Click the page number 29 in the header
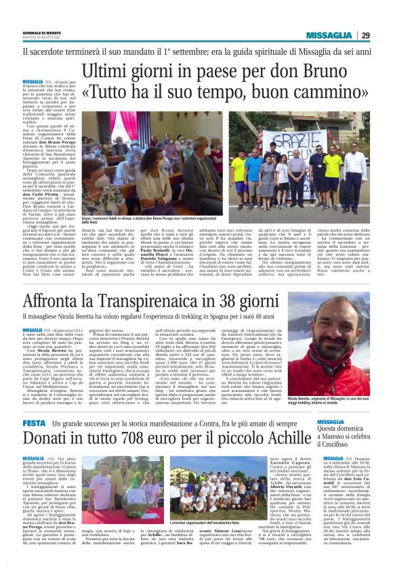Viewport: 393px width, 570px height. tap(365, 35)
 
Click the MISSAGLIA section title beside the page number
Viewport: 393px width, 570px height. tap(329, 35)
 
